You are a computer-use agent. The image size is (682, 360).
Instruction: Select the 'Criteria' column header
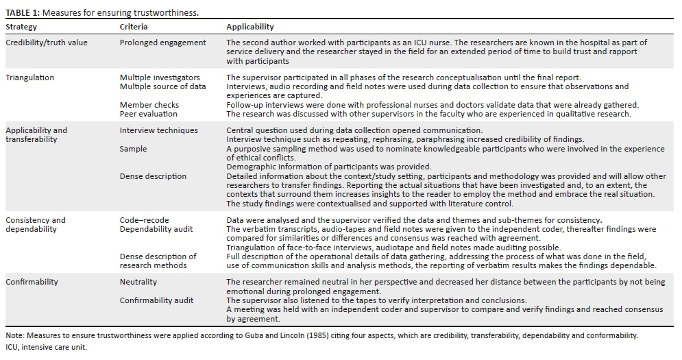click(134, 27)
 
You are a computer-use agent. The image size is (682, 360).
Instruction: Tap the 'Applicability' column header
click(250, 27)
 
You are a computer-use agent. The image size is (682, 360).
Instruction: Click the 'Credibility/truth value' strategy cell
click(47, 43)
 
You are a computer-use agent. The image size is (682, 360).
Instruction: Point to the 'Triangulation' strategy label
click(30, 78)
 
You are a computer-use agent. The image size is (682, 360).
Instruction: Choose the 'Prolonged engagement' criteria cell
click(162, 43)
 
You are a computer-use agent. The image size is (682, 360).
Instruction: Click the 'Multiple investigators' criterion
click(160, 78)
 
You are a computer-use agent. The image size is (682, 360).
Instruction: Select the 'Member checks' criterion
click(149, 105)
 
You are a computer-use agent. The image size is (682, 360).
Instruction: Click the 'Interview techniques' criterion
click(158, 130)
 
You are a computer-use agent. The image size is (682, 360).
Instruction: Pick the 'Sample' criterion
click(133, 148)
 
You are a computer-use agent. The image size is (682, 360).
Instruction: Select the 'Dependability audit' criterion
click(156, 229)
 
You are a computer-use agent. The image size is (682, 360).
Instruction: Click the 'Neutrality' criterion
click(138, 282)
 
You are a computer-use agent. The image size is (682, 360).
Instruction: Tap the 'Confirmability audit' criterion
click(156, 300)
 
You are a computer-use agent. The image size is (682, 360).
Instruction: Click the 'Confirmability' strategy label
click(32, 282)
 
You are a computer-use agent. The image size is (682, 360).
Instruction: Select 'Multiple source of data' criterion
click(162, 87)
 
